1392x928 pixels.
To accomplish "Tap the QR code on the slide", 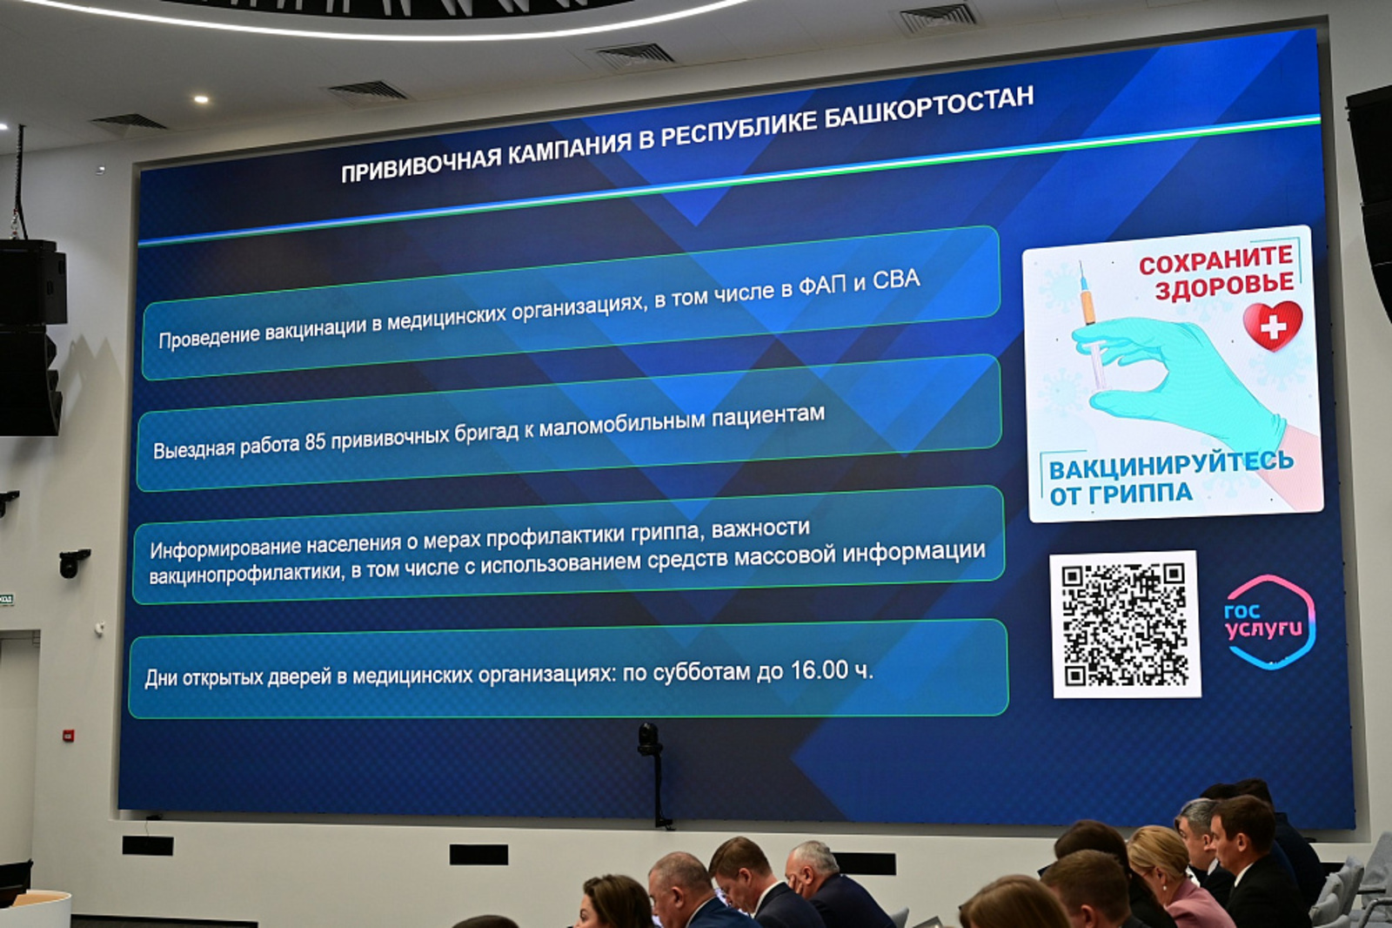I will pos(1125,623).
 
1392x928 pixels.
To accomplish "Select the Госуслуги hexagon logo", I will pos(1269,622).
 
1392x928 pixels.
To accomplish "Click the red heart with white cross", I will pos(1272,325).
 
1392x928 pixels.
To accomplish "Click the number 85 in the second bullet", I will pos(315,442).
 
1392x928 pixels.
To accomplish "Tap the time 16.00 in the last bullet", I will pos(819,670).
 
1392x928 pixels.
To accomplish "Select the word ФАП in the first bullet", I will pos(822,286).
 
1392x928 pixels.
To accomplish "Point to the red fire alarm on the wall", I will pos(69,736).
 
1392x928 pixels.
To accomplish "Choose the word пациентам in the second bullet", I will pos(767,418).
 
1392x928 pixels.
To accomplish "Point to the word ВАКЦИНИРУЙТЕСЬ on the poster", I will pos(1170,466).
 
